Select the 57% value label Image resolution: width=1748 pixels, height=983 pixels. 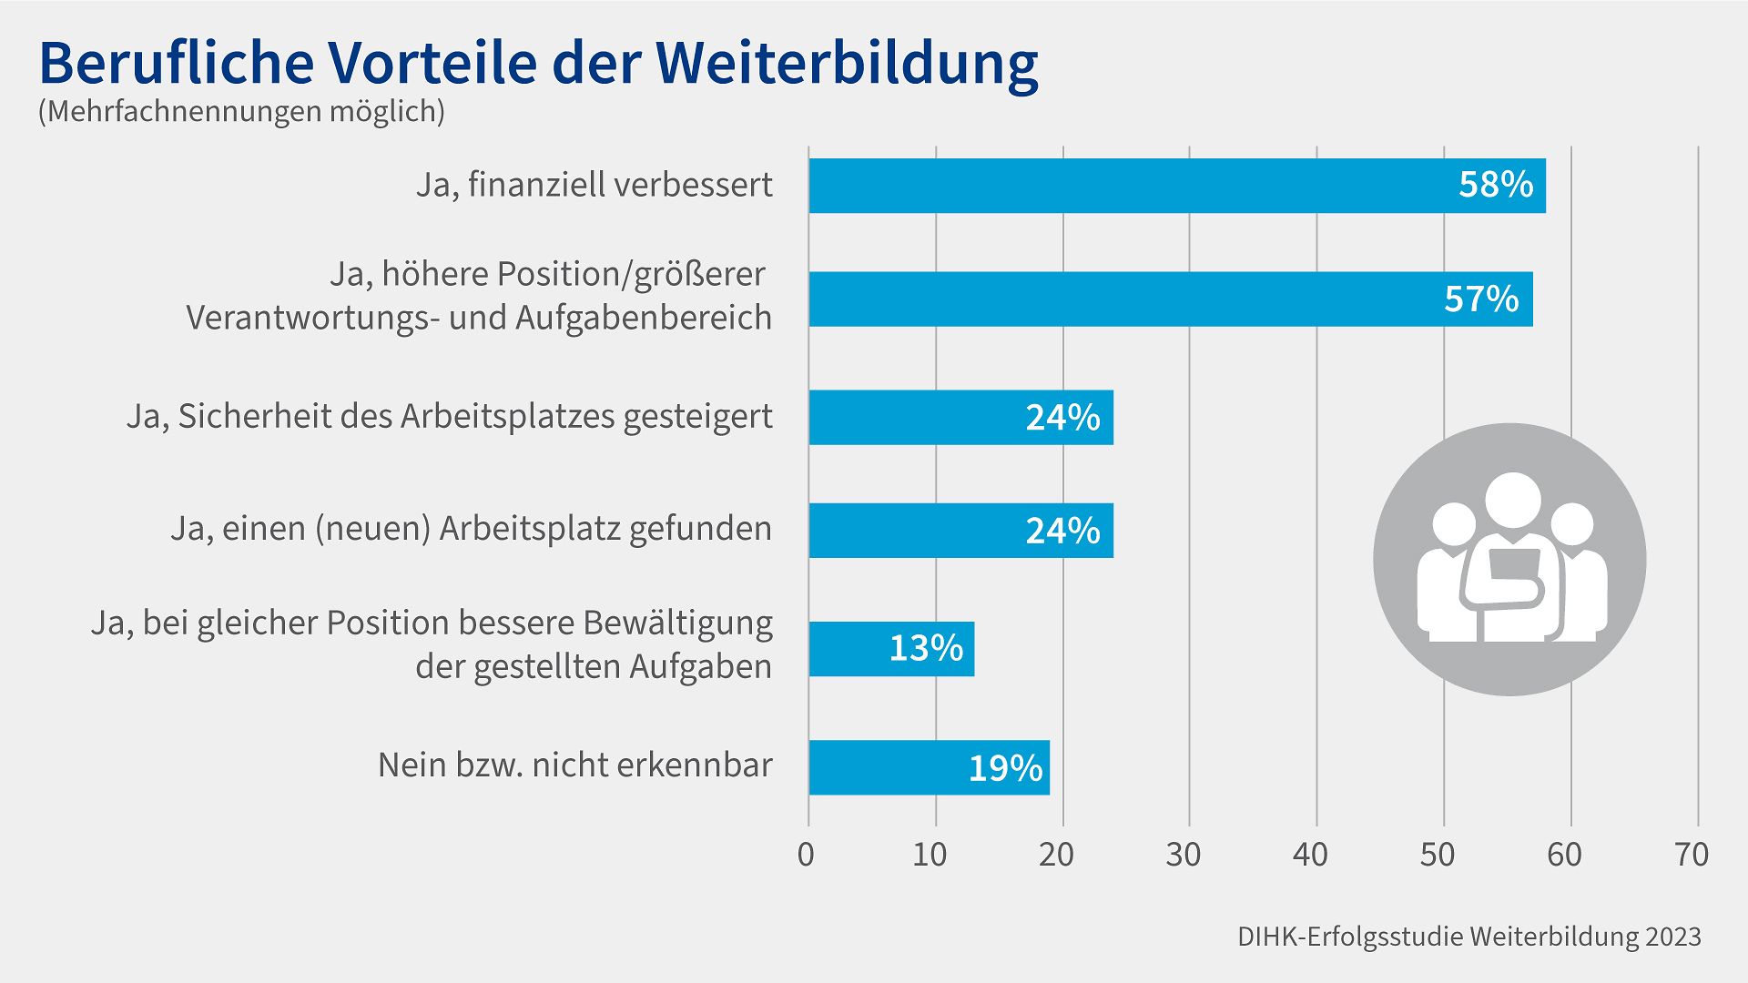click(x=1481, y=299)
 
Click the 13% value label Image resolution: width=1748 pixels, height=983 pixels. click(x=925, y=649)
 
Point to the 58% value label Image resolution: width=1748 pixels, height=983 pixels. click(x=1495, y=186)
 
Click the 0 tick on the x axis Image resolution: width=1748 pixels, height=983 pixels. click(x=806, y=855)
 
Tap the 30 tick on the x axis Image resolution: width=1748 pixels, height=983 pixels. click(x=1183, y=855)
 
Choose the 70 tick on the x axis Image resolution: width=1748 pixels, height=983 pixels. click(x=1691, y=855)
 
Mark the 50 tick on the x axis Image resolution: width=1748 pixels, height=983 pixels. click(x=1437, y=855)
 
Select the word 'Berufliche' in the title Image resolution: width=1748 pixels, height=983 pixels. click(x=176, y=64)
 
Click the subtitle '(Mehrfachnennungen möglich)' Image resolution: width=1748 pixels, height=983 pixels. click(x=241, y=111)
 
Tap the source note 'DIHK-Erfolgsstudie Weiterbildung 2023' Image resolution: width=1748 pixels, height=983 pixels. click(x=1469, y=937)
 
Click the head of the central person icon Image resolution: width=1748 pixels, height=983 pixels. click(x=1512, y=501)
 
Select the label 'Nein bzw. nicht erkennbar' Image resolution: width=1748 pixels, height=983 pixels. click(x=574, y=765)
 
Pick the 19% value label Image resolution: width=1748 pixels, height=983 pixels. click(x=1004, y=768)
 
